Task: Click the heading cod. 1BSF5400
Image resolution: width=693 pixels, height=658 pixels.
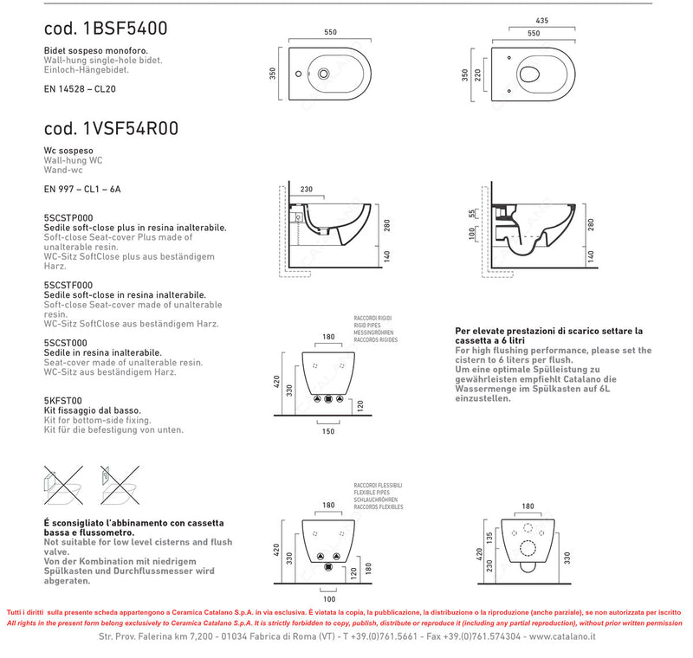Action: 105,29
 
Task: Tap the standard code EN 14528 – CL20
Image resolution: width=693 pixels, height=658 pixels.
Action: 81,89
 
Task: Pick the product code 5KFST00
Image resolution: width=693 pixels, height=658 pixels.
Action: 62,400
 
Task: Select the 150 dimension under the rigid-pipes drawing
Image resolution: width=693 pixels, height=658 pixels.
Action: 327,430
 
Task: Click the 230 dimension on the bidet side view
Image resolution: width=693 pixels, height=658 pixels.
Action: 306,190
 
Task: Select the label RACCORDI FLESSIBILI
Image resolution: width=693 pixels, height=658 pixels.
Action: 377,486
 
